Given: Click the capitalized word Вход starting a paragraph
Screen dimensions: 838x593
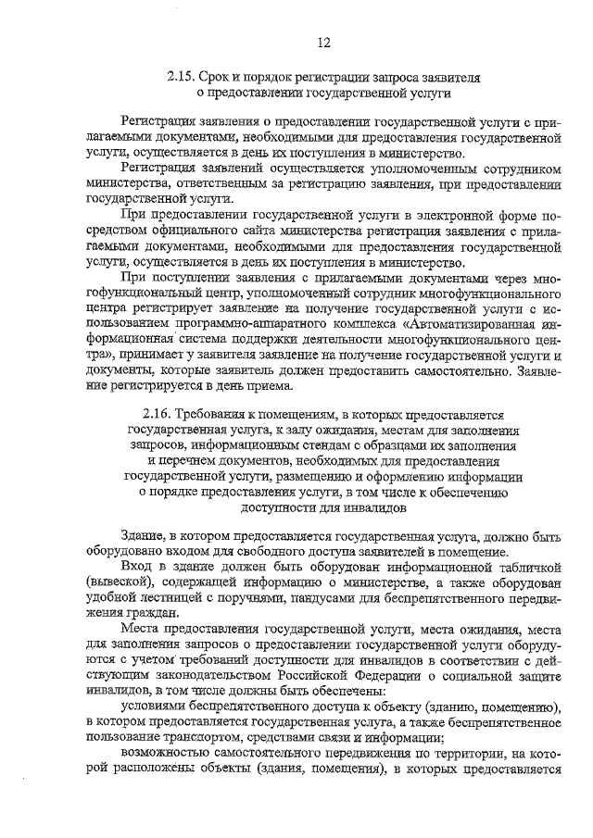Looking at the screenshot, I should tap(135, 565).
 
